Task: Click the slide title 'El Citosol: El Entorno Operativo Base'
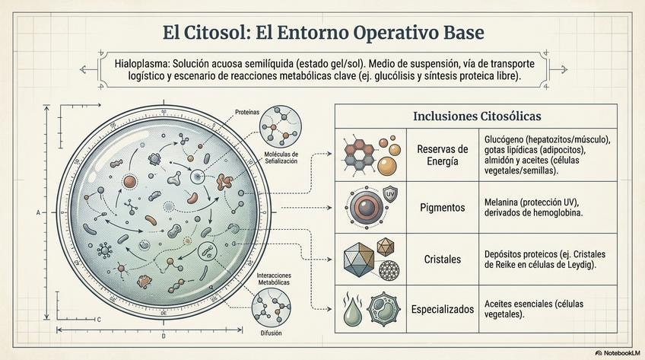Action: (322, 33)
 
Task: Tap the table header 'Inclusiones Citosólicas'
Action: (476, 116)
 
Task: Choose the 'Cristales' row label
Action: (443, 260)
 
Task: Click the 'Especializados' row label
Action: (443, 309)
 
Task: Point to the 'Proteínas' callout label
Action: (247, 112)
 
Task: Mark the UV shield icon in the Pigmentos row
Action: (390, 193)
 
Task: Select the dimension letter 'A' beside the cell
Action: (37, 212)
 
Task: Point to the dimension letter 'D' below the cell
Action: (164, 335)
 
